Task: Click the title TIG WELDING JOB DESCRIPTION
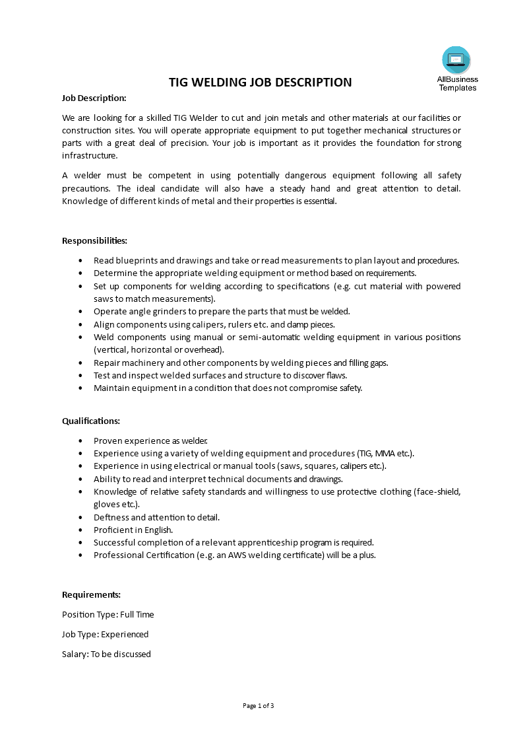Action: coord(261,83)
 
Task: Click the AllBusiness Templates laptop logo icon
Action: coord(456,60)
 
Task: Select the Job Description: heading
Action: coord(94,98)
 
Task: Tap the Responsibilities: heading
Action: coord(94,240)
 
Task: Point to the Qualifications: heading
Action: coord(91,421)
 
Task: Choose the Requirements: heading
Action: coord(91,594)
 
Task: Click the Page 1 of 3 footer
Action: coord(259,705)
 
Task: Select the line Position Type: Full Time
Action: coord(108,614)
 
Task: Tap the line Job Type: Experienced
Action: coord(105,634)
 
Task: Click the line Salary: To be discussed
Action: coord(106,654)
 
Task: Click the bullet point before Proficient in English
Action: coord(80,530)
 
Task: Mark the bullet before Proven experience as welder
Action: coord(80,441)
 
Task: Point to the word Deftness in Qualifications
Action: coord(110,517)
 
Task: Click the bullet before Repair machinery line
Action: coord(80,363)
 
